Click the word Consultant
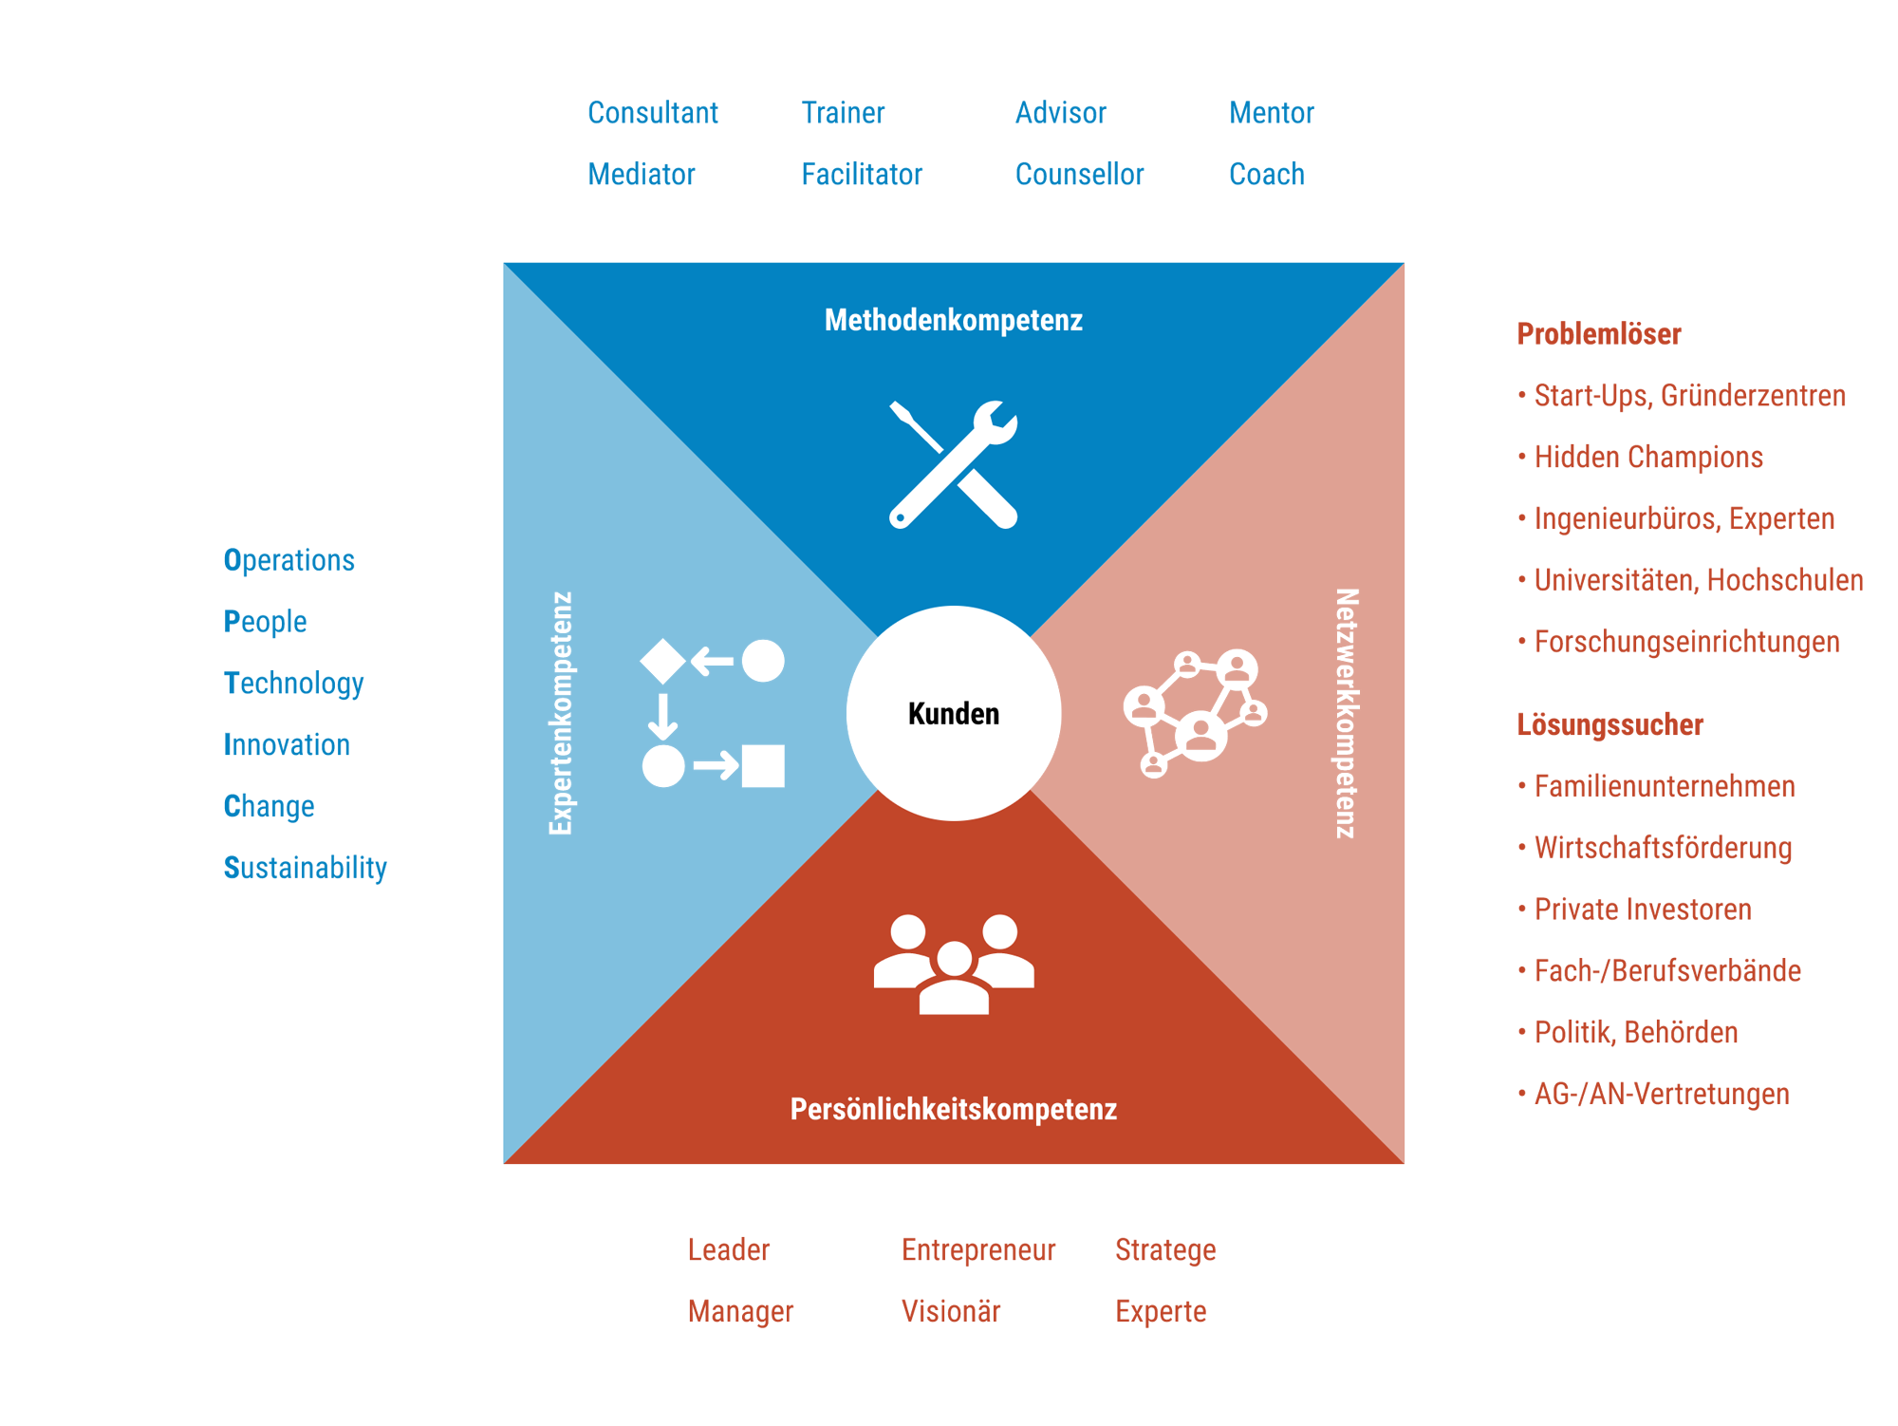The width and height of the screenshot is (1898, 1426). (653, 113)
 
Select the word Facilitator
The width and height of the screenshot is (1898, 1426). (862, 175)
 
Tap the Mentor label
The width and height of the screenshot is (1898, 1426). (1271, 113)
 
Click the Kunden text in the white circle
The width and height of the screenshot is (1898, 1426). (954, 714)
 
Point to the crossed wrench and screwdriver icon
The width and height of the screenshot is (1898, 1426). (953, 464)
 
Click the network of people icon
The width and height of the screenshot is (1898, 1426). (1195, 712)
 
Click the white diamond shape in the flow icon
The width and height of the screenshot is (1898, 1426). (662, 661)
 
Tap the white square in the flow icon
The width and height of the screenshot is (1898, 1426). (763, 765)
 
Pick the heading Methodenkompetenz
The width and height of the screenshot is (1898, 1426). (953, 321)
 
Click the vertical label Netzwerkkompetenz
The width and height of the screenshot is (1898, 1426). (1347, 713)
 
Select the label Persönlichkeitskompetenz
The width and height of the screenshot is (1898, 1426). (953, 1109)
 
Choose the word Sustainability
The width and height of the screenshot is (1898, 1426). (306, 868)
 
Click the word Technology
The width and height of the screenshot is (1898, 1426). (294, 684)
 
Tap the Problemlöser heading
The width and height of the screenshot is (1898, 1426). (1599, 334)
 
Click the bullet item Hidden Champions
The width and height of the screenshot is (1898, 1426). (1648, 458)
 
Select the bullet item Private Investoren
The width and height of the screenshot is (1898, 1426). (1643, 910)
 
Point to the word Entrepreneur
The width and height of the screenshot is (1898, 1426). (978, 1250)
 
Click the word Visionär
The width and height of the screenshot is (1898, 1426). (951, 1312)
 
